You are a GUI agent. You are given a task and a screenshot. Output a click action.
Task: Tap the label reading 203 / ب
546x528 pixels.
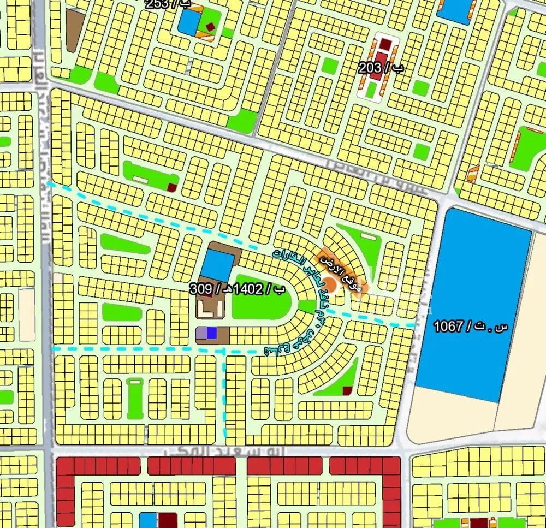(x=382, y=69)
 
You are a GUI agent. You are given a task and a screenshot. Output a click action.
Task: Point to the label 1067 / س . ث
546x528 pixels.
(x=470, y=327)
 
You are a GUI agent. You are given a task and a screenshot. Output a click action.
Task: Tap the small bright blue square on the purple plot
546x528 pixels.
(x=211, y=333)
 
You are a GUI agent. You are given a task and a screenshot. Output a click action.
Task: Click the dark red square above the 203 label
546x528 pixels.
(x=385, y=44)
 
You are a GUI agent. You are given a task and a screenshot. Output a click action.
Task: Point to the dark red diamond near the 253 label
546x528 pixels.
(x=210, y=25)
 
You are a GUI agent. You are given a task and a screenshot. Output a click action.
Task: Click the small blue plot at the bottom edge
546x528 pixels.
(x=148, y=520)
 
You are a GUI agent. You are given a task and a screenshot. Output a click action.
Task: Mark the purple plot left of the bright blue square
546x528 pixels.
(x=201, y=333)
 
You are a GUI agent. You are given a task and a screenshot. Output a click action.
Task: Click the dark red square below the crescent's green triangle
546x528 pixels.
(x=347, y=390)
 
